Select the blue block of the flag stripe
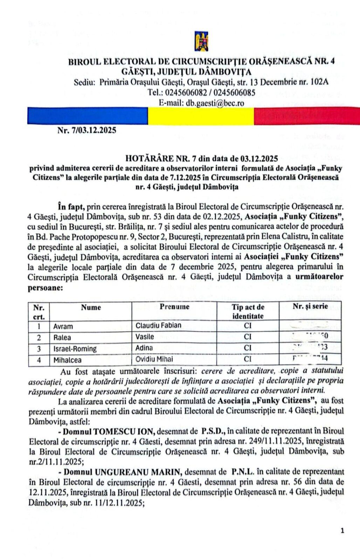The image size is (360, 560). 87,116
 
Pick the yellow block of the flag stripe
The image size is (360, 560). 200,116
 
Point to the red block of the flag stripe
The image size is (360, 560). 306,116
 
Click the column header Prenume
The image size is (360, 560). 174,307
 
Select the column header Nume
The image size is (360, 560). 91,307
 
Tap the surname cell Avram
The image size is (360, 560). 63,326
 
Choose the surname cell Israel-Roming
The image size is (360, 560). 75,349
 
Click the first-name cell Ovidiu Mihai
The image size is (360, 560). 154,359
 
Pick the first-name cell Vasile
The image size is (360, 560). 145,337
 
